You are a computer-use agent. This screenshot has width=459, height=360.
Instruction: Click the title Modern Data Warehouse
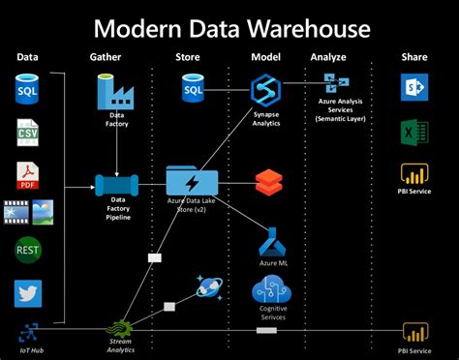tap(229, 25)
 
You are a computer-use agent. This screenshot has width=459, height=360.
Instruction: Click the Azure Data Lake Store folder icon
tap(191, 181)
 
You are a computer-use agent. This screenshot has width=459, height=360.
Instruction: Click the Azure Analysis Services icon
tap(336, 83)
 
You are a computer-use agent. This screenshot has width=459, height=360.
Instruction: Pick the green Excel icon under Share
tap(413, 133)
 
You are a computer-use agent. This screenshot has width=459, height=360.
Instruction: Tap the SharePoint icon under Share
tap(413, 89)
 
